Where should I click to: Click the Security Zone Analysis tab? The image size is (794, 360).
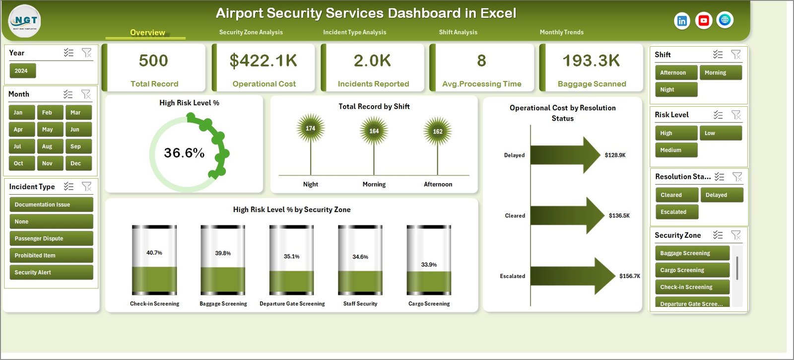point(251,32)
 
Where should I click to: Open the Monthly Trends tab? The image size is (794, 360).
point(561,32)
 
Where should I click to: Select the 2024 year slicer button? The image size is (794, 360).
point(22,71)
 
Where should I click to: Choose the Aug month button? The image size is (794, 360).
point(47,146)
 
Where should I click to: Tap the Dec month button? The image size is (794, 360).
point(76,163)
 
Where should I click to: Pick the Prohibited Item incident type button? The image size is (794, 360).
point(51,256)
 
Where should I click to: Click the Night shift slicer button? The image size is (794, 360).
point(675,90)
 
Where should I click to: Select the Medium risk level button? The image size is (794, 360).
point(675,150)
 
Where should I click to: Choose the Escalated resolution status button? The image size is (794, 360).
point(676,212)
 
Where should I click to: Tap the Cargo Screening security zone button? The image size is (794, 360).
point(691,270)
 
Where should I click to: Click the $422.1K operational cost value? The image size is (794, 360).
point(264,61)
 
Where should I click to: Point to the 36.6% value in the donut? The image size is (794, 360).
point(184,153)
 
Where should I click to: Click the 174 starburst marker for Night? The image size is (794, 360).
point(311,128)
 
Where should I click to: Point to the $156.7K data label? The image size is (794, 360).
point(630,276)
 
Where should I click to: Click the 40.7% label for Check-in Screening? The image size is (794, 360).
point(154,253)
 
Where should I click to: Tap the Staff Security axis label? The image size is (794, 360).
point(360,304)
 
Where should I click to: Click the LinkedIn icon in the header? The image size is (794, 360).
point(682,21)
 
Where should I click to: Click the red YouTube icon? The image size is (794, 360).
point(703,20)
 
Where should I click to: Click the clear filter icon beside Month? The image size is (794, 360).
point(86,94)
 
